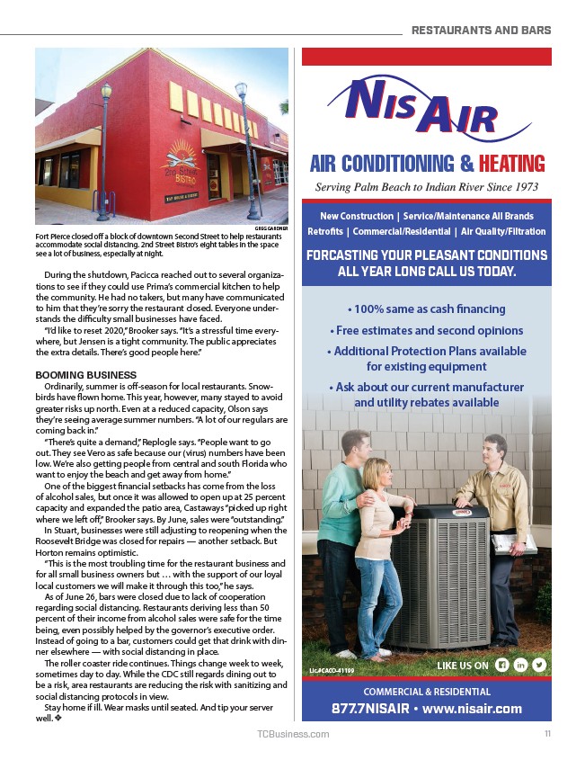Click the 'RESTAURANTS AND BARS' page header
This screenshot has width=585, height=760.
coord(481,30)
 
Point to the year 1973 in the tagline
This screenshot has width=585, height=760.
coord(520,188)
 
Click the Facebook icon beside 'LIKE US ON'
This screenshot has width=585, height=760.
coord(502,665)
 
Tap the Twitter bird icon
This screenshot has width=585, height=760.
coord(539,665)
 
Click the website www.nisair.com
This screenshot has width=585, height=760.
coord(473,708)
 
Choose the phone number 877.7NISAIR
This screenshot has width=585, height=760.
coord(369,708)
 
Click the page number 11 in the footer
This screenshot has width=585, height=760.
coord(546,734)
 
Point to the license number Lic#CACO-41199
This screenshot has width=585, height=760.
coord(332,670)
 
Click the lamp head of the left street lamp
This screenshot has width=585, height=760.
coord(106,91)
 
